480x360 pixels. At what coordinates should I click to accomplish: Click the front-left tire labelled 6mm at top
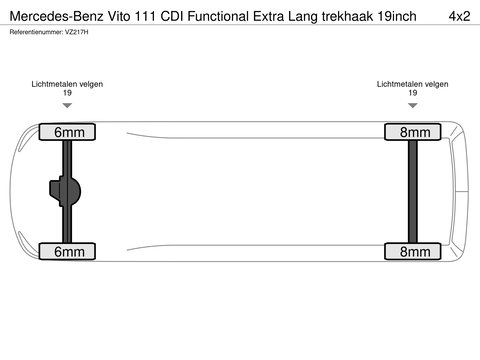(x=67, y=132)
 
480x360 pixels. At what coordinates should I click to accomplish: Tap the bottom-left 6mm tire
(x=67, y=251)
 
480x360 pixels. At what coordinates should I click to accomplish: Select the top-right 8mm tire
(x=412, y=132)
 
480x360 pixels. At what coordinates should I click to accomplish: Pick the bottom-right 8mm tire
(x=412, y=251)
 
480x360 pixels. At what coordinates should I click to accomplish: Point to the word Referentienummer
(x=37, y=34)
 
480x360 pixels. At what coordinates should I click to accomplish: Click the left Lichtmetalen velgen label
(x=67, y=84)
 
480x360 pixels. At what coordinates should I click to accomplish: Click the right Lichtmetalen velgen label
(x=412, y=84)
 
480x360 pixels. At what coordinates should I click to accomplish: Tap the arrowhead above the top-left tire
(x=67, y=104)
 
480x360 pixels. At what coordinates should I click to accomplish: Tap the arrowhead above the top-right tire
(x=412, y=104)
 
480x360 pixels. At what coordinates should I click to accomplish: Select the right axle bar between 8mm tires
(x=412, y=191)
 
